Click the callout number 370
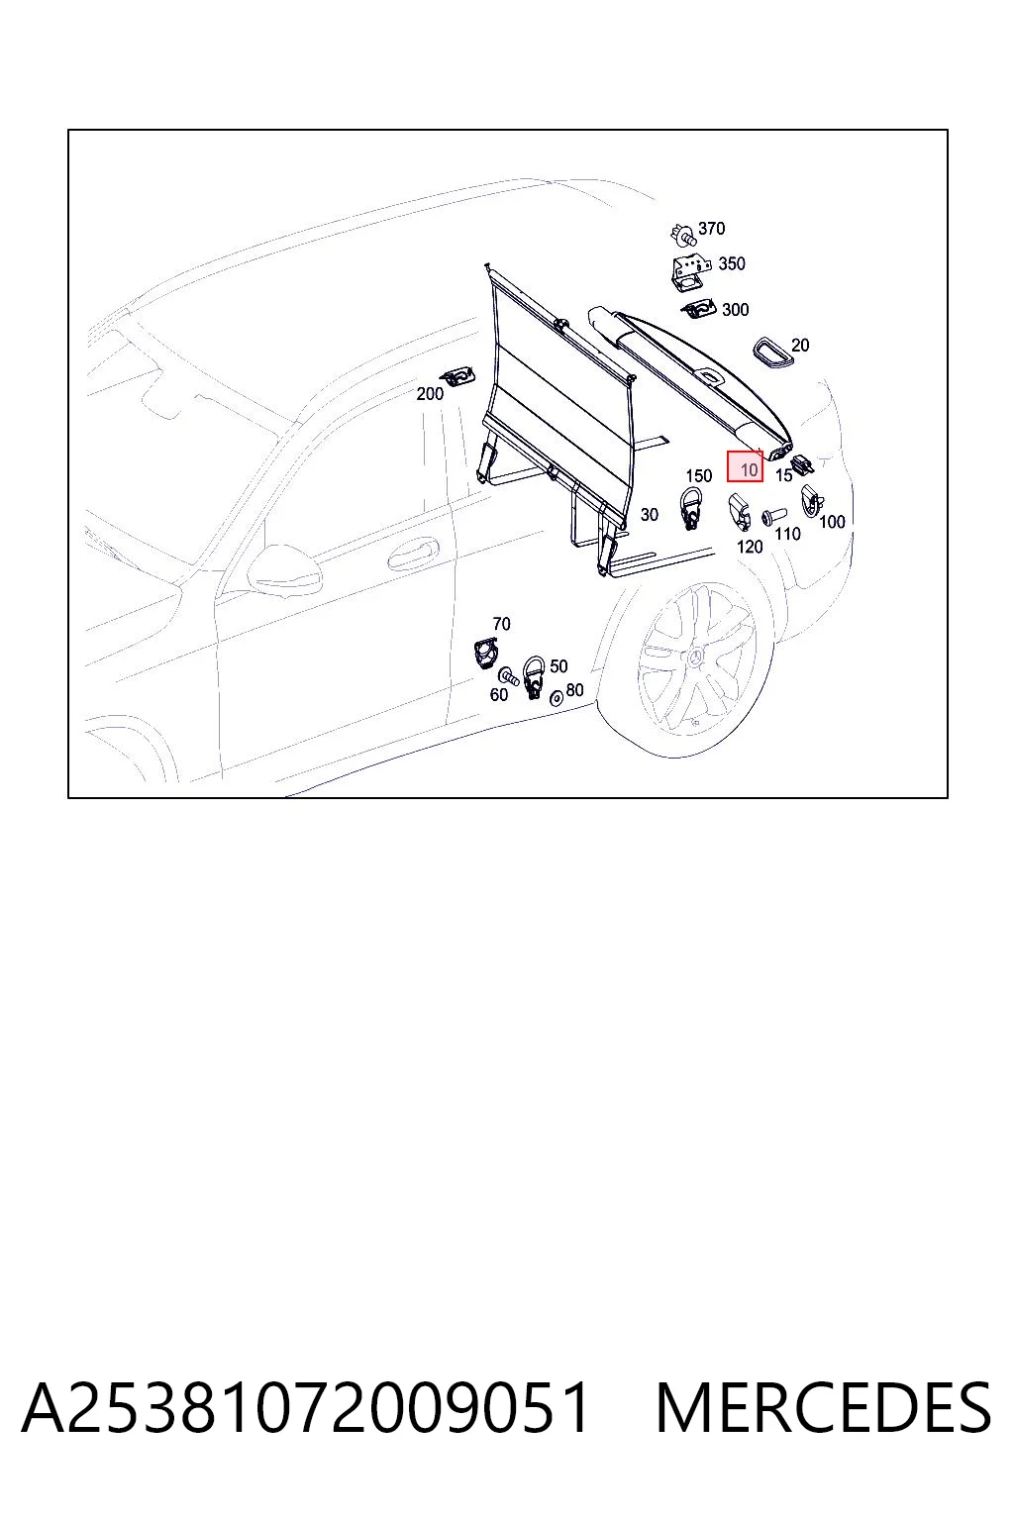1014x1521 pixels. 711,228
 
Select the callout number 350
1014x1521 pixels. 732,263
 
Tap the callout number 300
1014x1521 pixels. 735,310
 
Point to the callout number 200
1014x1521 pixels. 430,394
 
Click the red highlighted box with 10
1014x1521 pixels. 745,466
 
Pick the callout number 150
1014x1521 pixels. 698,476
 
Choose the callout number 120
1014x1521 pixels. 750,547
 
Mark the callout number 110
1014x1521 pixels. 788,535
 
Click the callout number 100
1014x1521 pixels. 832,522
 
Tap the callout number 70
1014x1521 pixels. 501,623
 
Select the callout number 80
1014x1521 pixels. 574,690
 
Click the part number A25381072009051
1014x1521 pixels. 305,1409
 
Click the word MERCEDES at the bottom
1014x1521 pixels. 823,1409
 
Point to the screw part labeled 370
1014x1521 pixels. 683,235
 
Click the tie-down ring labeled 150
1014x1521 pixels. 690,508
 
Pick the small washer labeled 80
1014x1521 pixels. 556,698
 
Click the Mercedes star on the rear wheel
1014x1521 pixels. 696,658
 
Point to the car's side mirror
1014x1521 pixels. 285,569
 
